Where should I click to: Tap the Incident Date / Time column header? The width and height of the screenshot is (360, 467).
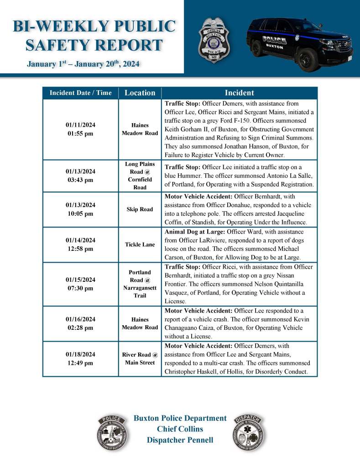tap(80, 93)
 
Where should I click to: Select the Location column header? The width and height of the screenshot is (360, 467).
tap(140, 93)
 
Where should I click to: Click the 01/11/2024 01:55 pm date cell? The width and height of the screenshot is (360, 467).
tap(80, 129)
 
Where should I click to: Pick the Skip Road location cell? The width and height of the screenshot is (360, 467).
tap(140, 209)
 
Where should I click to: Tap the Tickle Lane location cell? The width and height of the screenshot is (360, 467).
tap(140, 244)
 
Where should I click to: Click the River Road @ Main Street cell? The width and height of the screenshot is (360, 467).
tap(140, 358)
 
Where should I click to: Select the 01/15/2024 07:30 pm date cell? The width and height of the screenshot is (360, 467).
tap(80, 284)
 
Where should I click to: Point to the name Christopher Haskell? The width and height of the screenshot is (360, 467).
tap(188, 372)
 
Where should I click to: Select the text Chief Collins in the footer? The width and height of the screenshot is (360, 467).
tap(180, 429)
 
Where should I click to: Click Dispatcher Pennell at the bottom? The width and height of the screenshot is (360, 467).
tap(180, 440)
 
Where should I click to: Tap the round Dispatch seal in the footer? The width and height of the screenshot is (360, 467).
tap(249, 433)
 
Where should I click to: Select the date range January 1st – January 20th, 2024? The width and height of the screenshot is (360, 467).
tap(83, 64)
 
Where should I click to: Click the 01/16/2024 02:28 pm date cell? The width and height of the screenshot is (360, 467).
tap(80, 323)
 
